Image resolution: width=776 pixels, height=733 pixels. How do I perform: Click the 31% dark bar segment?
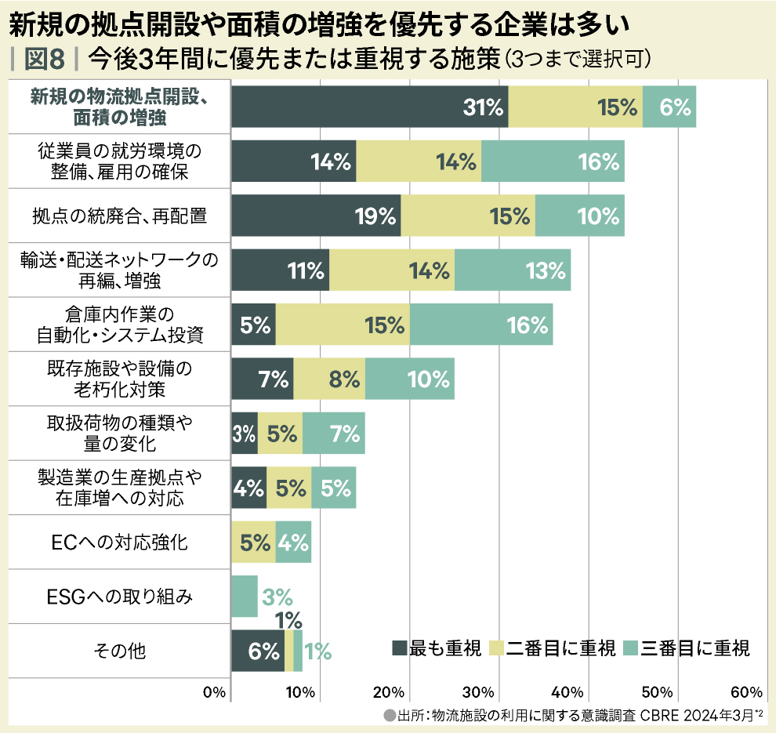(x=370, y=107)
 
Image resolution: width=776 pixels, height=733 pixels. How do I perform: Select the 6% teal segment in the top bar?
(x=669, y=107)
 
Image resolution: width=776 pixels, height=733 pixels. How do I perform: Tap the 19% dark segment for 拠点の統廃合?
(x=316, y=216)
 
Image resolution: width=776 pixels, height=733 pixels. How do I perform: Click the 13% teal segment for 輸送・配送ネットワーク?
(x=513, y=270)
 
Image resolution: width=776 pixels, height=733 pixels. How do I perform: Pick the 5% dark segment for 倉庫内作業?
(x=253, y=325)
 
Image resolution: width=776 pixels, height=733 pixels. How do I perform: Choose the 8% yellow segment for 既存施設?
(x=329, y=379)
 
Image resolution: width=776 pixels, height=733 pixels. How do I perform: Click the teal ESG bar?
(x=245, y=597)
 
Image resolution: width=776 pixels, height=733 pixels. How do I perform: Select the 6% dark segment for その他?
(x=258, y=651)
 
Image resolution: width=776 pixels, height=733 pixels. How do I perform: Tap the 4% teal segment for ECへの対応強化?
(x=293, y=542)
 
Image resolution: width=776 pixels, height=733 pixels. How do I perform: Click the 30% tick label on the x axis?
(x=478, y=692)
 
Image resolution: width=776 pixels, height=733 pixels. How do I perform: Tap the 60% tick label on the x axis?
(x=746, y=692)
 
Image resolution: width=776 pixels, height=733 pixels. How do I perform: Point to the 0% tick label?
(x=214, y=692)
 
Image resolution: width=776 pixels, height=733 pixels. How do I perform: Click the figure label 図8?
(x=45, y=58)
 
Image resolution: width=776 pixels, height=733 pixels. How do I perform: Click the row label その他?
(x=119, y=651)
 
